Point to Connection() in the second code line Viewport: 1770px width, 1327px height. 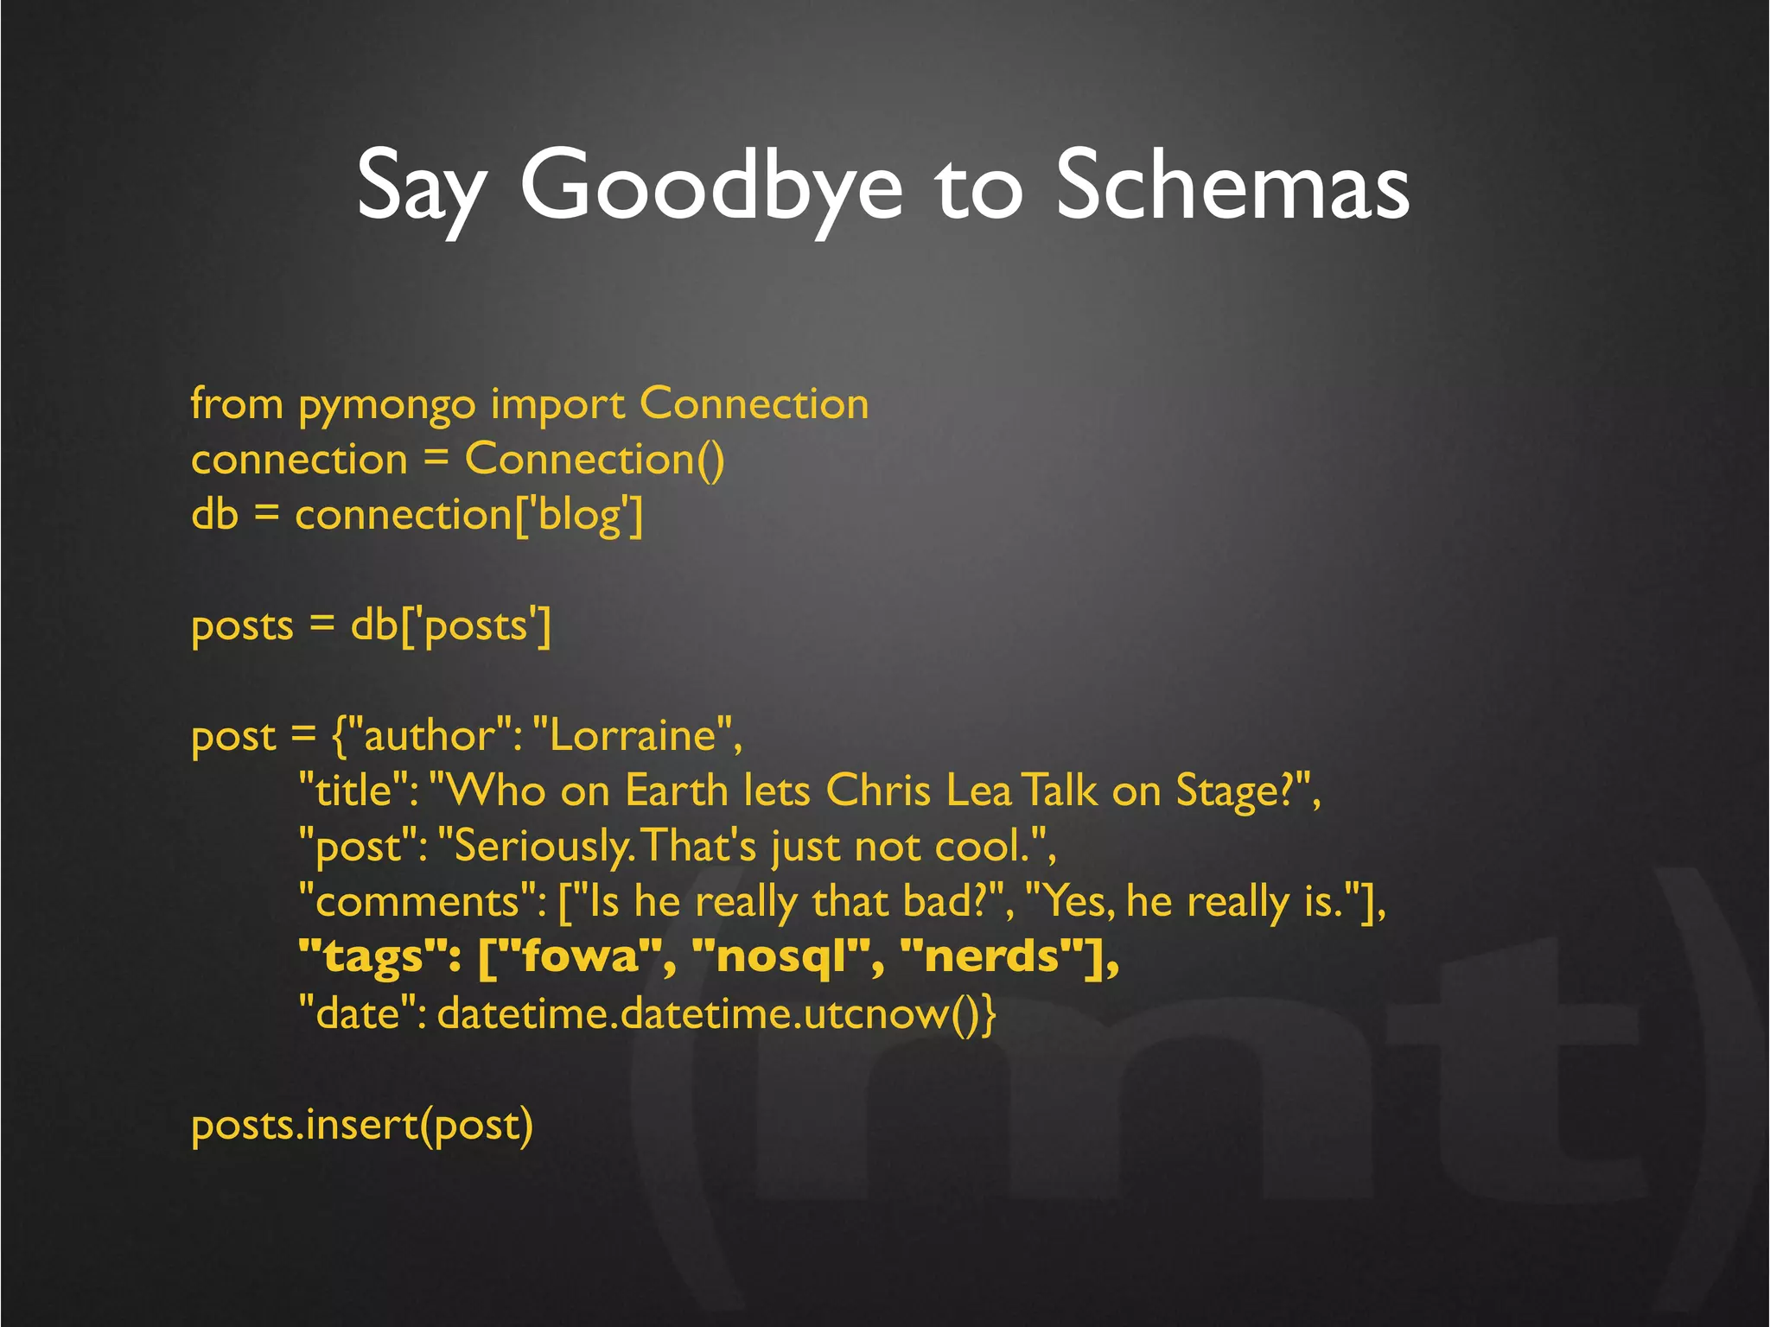coord(595,459)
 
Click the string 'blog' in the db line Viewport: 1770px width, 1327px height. coord(579,516)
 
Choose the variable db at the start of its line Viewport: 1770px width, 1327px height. coord(214,515)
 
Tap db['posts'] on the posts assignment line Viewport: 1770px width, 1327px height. coord(450,625)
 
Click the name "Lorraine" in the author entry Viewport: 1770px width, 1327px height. coord(634,736)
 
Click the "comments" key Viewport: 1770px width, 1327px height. coord(421,902)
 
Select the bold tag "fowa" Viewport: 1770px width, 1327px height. coord(579,957)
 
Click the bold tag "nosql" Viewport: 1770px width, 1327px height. coord(781,957)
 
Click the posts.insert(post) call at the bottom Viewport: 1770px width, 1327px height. coord(362,1125)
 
